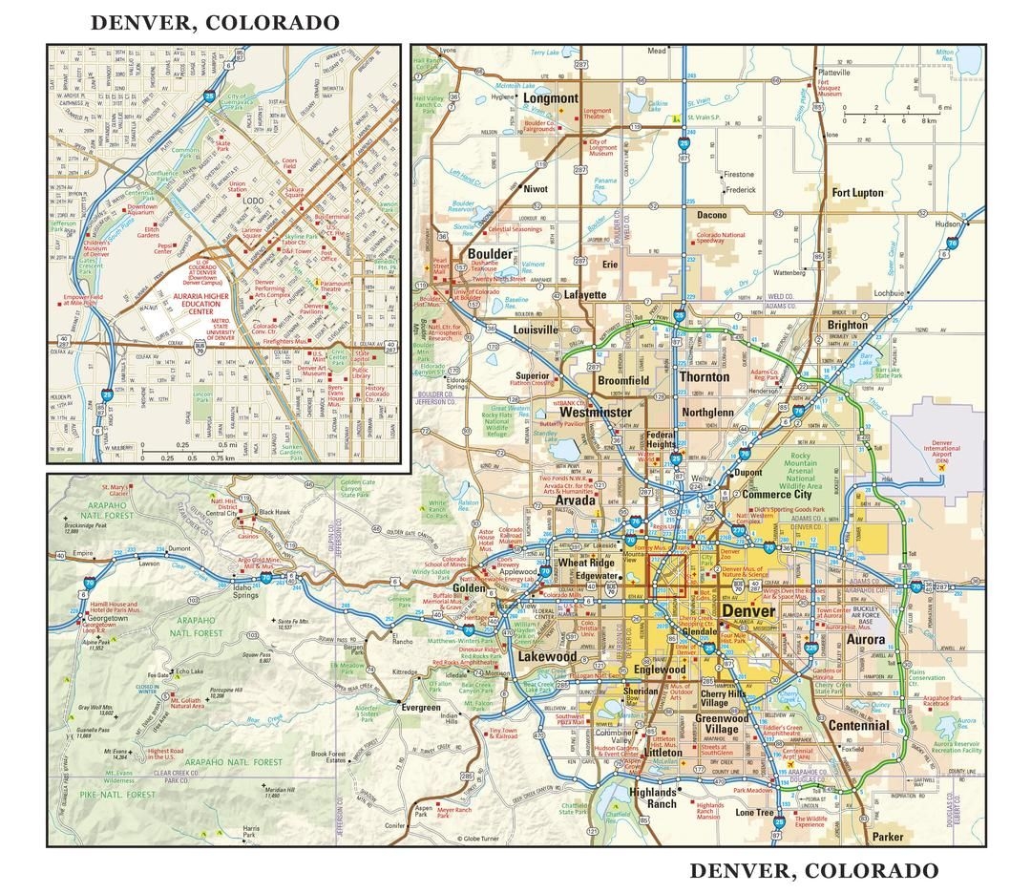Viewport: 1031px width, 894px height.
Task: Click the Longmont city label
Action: point(551,98)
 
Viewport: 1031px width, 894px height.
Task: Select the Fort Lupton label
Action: point(857,193)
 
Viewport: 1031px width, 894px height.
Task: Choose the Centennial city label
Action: point(858,725)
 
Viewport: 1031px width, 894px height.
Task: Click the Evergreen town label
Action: point(420,708)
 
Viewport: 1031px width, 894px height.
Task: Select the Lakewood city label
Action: point(547,657)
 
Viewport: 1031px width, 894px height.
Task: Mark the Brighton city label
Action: point(848,326)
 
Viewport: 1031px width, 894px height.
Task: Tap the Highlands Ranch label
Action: point(653,798)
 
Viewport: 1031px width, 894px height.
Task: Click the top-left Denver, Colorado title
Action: point(215,22)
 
